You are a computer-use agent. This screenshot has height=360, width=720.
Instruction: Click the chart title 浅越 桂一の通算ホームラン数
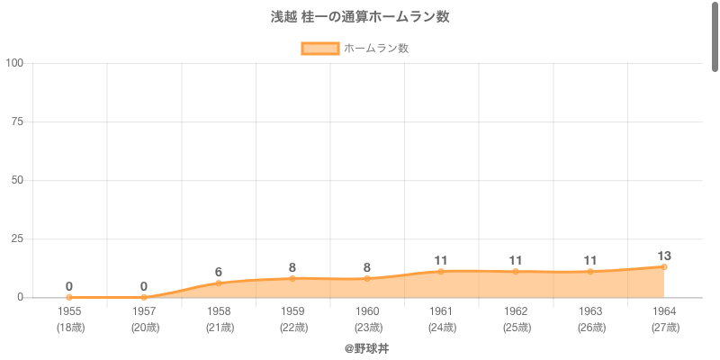tap(360, 17)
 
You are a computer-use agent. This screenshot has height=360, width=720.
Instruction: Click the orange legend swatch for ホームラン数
tap(319, 49)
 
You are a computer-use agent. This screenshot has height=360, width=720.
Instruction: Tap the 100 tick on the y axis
tap(14, 63)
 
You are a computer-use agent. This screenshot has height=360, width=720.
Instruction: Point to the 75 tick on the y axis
tap(18, 121)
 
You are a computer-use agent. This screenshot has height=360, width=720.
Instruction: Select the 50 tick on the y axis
tap(18, 180)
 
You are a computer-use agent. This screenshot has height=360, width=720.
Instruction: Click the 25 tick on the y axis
tap(18, 238)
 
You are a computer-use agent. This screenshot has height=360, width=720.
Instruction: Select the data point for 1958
tap(219, 283)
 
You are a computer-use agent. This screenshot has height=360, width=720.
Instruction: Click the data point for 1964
tap(664, 266)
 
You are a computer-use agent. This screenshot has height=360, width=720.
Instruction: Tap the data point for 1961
tap(441, 271)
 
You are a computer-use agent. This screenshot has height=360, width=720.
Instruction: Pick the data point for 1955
tap(69, 297)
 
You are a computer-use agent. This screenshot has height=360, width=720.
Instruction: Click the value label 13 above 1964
tap(664, 256)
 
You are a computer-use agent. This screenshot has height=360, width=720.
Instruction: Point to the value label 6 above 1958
tap(219, 272)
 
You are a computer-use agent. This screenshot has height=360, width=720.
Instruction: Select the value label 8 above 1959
tap(292, 267)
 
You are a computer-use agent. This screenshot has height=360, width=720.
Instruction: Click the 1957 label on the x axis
tap(144, 310)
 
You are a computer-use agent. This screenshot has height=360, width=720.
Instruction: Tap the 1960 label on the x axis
tap(366, 310)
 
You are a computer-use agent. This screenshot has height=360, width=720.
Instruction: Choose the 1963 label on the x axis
tap(589, 310)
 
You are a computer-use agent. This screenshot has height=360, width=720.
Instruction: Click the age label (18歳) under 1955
tap(69, 328)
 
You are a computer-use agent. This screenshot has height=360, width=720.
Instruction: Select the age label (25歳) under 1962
tap(516, 328)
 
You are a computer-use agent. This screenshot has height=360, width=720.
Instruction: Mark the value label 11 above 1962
tap(516, 260)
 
